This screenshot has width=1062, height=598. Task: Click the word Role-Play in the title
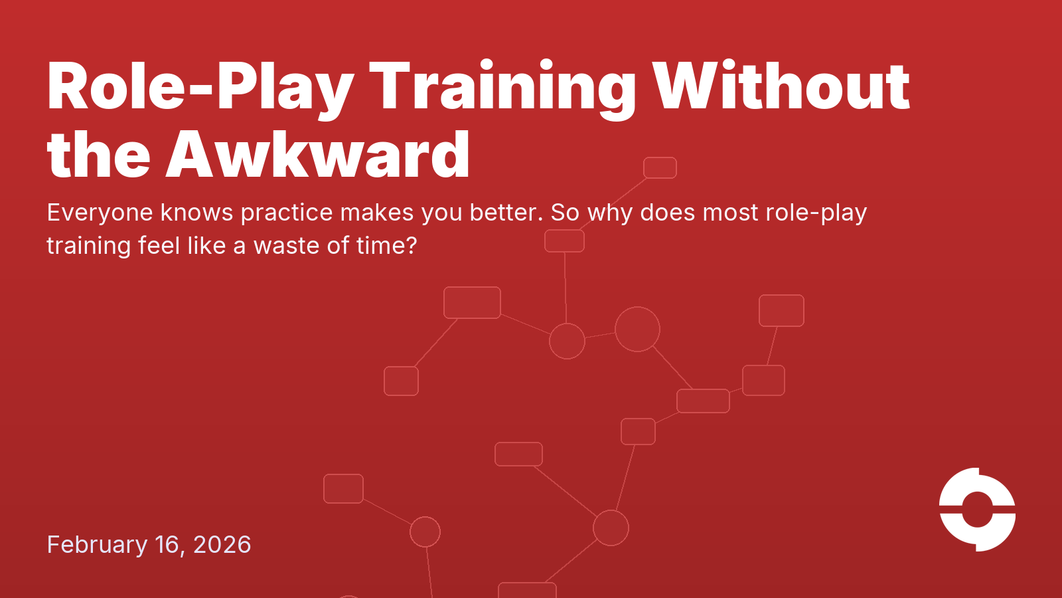point(199,86)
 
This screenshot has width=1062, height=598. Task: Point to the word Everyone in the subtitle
point(100,213)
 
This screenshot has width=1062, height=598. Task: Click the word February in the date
point(97,545)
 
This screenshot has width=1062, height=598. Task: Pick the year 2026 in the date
point(222,545)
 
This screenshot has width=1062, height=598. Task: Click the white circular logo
point(977,510)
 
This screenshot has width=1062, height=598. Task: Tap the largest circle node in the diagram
point(637,329)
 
